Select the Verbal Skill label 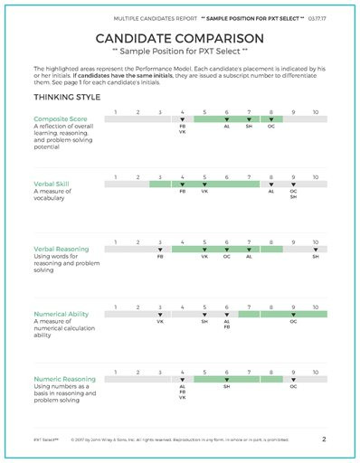click(x=51, y=184)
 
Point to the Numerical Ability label click(x=60, y=314)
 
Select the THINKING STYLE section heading click(x=67, y=96)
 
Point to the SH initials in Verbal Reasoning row click(x=316, y=257)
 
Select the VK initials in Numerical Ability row click(x=160, y=321)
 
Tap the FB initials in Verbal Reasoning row click(x=160, y=257)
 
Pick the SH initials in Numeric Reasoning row click(x=227, y=386)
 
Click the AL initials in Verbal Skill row click(x=271, y=192)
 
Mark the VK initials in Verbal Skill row click(x=204, y=192)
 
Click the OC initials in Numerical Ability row click(x=293, y=321)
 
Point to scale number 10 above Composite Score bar click(x=315, y=111)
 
